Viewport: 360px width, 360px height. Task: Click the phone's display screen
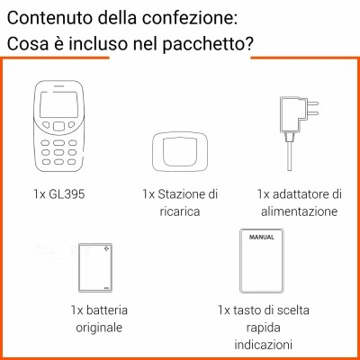pos(59,104)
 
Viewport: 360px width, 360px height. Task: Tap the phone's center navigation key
pos(58,126)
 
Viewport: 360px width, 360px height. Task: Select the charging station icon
pos(180,152)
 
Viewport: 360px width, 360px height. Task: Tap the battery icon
pos(95,267)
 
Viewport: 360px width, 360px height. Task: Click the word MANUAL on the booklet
pos(262,237)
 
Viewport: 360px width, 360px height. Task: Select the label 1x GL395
pos(59,194)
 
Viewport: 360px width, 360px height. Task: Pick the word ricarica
pos(180,211)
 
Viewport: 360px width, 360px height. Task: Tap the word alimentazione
pos(299,211)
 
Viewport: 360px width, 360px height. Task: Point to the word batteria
pos(107,310)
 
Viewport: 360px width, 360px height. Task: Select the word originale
pos(99,328)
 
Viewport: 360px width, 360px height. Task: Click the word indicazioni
pos(263,344)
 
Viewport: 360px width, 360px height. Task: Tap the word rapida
pos(263,328)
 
